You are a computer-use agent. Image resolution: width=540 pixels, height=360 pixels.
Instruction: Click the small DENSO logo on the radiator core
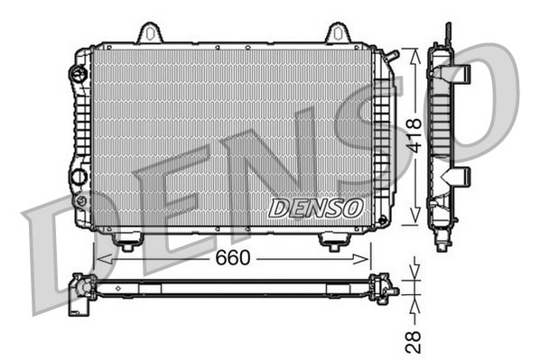point(316,208)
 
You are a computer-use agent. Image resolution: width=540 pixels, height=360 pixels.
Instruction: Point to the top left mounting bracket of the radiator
point(150,33)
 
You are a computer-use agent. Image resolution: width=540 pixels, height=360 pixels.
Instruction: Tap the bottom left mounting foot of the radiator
point(126,241)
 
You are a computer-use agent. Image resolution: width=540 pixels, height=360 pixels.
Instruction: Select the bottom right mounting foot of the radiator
point(332,241)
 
